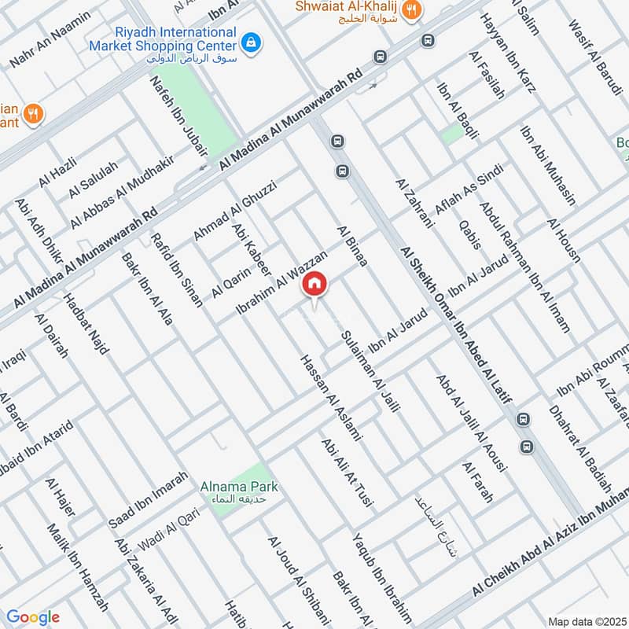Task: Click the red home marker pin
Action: (x=314, y=285)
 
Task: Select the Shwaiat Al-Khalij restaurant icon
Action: (x=410, y=10)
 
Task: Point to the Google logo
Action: (x=33, y=617)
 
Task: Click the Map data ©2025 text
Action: (x=586, y=621)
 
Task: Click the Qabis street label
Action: (x=469, y=234)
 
